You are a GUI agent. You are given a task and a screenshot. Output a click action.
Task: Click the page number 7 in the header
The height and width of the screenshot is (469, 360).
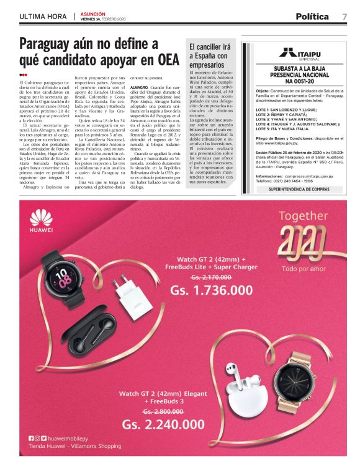point(344,17)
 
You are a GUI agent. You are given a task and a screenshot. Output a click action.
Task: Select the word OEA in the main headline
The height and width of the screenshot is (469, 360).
point(165,61)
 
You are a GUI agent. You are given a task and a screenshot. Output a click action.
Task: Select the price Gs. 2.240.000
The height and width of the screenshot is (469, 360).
point(163,424)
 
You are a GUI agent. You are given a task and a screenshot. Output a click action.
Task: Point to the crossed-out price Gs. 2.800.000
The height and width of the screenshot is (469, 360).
point(163,411)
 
